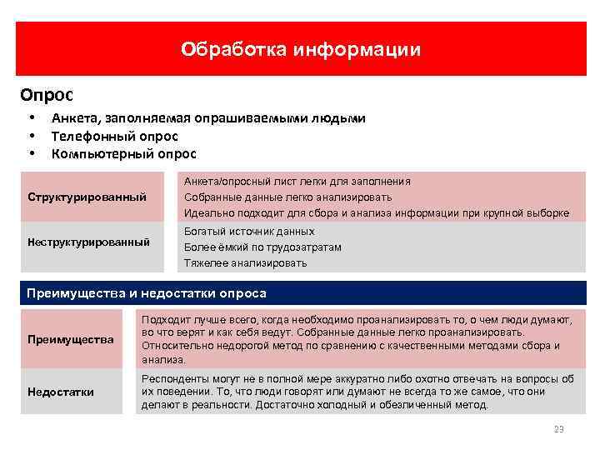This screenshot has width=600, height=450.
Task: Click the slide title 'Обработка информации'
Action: click(x=301, y=50)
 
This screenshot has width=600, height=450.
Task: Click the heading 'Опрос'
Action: click(x=48, y=95)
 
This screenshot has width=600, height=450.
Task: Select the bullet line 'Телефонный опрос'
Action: click(x=115, y=136)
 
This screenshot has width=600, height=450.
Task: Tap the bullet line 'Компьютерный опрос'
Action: click(x=123, y=153)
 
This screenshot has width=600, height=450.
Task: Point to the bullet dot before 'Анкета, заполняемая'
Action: click(x=31, y=117)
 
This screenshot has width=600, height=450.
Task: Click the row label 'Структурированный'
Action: click(x=87, y=197)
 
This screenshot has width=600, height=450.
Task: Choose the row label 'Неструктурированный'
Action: click(x=88, y=242)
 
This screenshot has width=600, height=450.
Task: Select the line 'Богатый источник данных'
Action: click(x=249, y=232)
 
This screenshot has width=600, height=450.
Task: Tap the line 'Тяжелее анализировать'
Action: click(x=245, y=263)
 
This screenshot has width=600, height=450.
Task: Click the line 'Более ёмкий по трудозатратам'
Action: click(x=262, y=247)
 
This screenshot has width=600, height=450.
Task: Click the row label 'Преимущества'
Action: click(x=70, y=340)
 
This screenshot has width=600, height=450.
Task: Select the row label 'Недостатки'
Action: click(x=61, y=392)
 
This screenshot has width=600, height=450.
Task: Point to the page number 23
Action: click(x=558, y=429)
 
